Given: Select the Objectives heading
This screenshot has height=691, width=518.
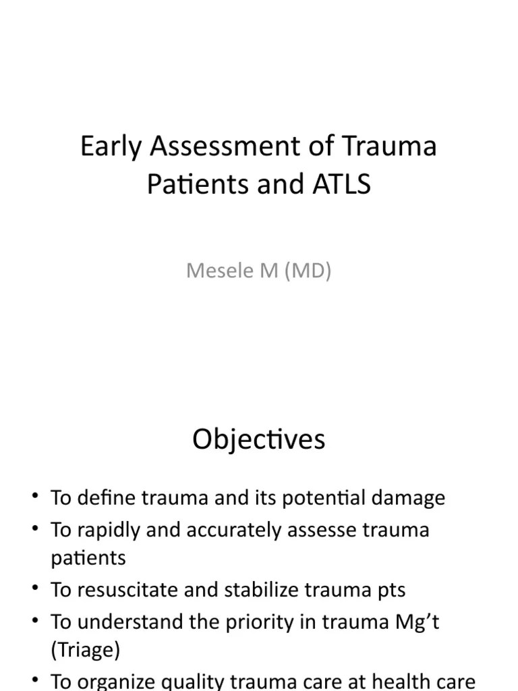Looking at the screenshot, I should pos(258,439).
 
